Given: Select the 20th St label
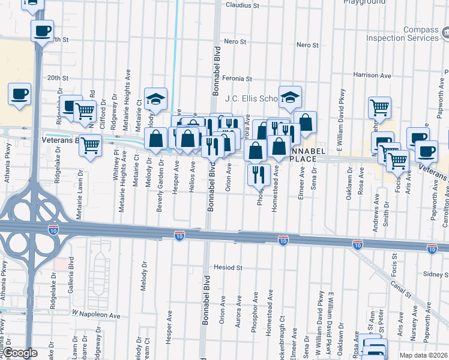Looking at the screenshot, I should pos(58,78).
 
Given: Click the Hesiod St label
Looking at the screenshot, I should pos(228,267).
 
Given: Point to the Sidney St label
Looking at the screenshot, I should pos(435,274).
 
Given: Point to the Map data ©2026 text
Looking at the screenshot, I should pos(424,355).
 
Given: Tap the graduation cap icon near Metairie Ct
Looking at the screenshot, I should pos(155,98).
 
